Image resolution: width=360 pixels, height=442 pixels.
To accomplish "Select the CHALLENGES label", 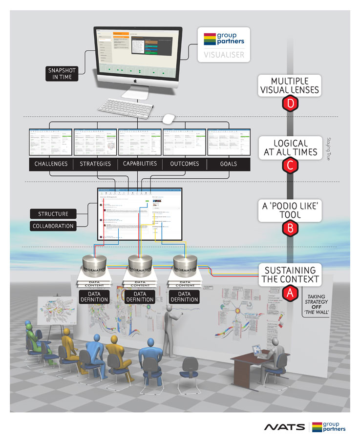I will (x=51, y=164).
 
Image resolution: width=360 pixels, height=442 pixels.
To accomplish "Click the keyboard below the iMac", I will (x=126, y=107).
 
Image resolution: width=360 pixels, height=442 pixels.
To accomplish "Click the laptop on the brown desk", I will (x=257, y=351).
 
